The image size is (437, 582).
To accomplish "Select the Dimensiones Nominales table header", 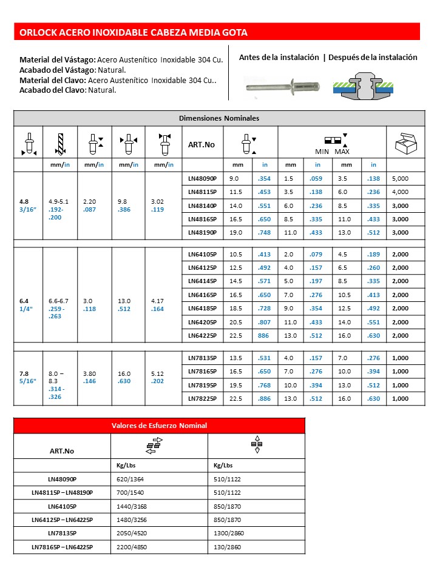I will pyautogui.click(x=218, y=118).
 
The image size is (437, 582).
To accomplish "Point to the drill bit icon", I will pyautogui.click(x=59, y=144).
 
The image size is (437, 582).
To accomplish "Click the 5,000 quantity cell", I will pyautogui.click(x=400, y=179).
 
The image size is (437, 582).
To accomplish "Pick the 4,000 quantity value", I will pyautogui.click(x=400, y=192).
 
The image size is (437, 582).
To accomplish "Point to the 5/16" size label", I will pyautogui.click(x=27, y=381).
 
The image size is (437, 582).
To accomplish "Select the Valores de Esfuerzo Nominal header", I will pyautogui.click(x=159, y=426).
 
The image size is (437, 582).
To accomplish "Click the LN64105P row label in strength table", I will pyautogui.click(x=62, y=506).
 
